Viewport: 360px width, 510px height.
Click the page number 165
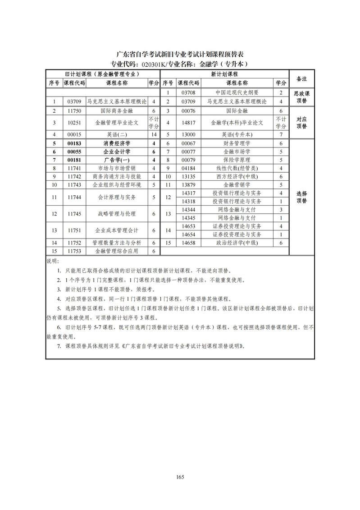180,477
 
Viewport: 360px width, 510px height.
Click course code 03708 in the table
188,93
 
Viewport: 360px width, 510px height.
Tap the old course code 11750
74,110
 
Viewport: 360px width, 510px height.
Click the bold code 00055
74,152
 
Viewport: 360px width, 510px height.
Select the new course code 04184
188,168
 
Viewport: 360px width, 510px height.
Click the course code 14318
188,201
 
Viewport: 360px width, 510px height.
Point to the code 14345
188,218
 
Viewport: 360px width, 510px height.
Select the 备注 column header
301,78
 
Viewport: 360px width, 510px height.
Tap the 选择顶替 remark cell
301,197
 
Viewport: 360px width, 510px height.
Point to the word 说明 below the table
52,261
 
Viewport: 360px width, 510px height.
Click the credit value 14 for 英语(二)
154,134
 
